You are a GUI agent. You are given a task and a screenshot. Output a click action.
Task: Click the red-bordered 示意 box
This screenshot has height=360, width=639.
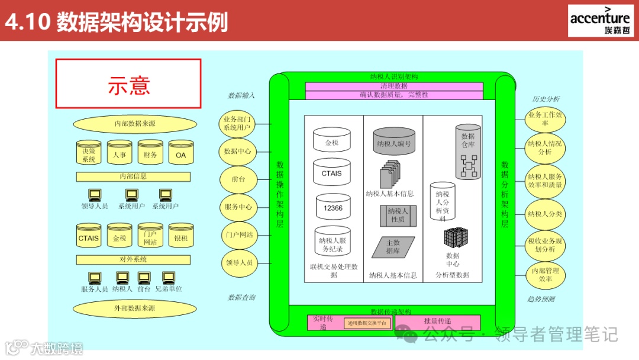point(128,83)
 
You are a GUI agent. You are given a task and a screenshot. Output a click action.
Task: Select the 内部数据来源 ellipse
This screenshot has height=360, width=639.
point(135,124)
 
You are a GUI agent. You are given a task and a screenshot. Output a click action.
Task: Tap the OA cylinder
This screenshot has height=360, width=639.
point(181,154)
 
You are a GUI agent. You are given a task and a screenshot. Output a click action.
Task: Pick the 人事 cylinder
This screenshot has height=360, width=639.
point(120,154)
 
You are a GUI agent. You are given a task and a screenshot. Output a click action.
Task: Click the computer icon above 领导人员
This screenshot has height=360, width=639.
point(94,195)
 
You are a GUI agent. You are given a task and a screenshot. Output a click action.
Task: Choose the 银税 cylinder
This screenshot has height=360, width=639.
point(181,237)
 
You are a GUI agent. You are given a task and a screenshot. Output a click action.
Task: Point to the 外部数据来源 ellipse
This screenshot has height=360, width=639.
point(135,308)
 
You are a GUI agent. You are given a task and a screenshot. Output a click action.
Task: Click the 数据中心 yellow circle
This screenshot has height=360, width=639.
point(237,151)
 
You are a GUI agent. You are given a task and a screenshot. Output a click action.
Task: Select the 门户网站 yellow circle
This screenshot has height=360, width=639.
point(237,234)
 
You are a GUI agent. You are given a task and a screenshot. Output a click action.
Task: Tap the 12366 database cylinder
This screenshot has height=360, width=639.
point(333,207)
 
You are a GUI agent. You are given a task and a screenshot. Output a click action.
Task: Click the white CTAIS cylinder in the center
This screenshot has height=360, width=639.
point(331,173)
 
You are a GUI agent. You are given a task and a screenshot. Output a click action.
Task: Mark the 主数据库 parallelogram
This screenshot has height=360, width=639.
point(393,247)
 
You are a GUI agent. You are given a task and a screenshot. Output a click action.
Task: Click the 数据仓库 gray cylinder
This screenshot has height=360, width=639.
point(468,152)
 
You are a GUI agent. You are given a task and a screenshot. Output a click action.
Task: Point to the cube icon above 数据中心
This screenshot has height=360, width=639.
point(456,238)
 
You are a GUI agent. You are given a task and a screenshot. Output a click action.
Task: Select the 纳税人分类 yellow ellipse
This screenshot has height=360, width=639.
point(545,214)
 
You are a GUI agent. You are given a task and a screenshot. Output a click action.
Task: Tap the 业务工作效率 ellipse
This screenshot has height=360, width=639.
point(545,119)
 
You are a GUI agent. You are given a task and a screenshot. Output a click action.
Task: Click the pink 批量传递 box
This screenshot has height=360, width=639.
point(437,322)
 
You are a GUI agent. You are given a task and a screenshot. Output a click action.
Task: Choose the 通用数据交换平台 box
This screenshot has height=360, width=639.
point(367,323)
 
